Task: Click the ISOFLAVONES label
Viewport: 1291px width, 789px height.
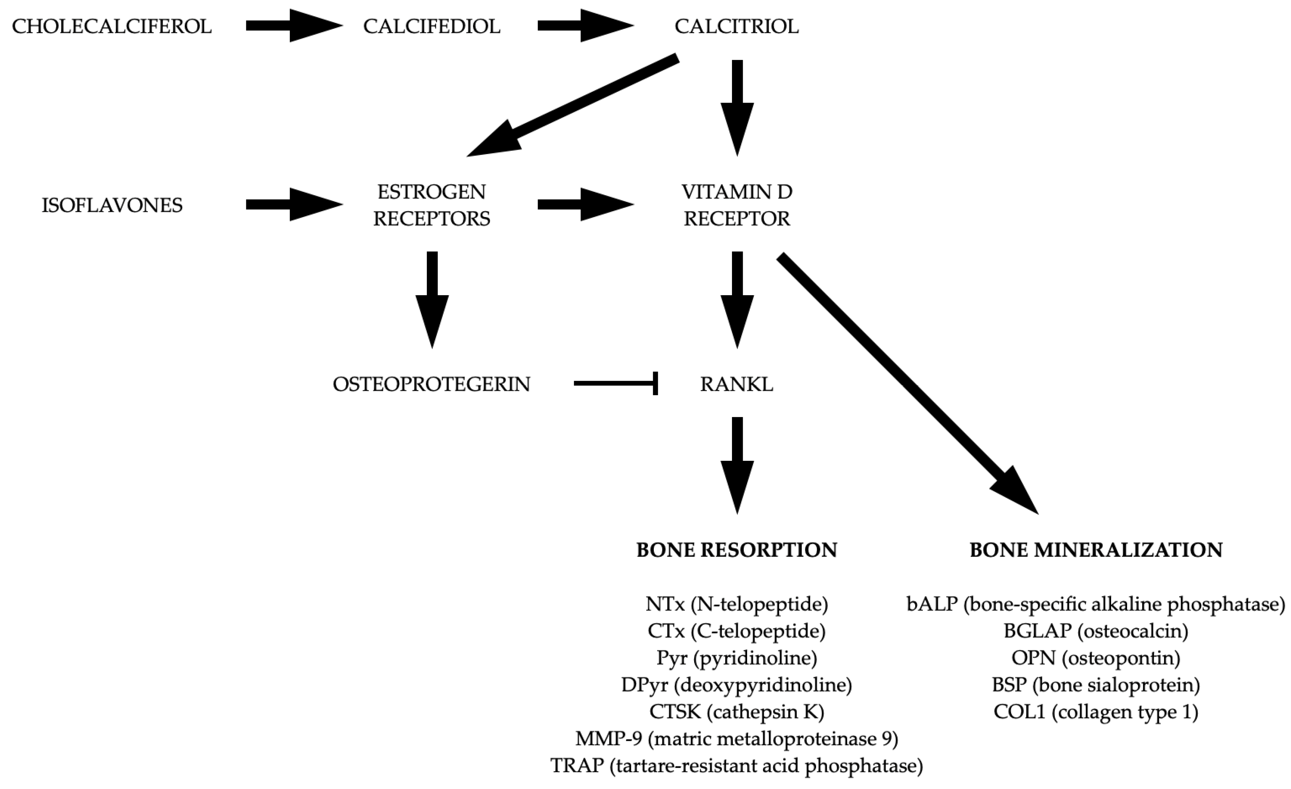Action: coord(111,205)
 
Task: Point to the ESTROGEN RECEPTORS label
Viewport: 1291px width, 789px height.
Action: coord(432,205)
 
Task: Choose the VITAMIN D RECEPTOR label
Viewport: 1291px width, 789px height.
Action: coord(737,205)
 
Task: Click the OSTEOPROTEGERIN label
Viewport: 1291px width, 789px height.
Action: coord(431,384)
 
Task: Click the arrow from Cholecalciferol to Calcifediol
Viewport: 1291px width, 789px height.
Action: coord(293,25)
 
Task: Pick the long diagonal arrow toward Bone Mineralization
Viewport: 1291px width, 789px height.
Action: coord(906,383)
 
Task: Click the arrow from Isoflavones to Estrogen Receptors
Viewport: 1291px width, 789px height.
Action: coord(293,204)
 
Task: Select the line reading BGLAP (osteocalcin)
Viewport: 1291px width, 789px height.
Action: coord(1096,631)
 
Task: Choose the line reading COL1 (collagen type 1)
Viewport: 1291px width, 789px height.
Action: coord(1096,712)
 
